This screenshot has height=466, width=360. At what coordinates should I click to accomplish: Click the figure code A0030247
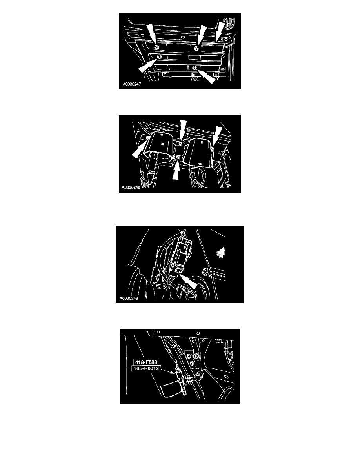[x=132, y=84]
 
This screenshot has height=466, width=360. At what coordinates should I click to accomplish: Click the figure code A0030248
[x=131, y=187]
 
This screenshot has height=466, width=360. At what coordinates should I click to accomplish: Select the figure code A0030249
[x=129, y=298]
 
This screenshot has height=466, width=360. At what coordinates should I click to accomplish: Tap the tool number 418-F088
[x=146, y=362]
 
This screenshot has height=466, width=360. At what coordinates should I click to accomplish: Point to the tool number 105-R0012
[x=146, y=368]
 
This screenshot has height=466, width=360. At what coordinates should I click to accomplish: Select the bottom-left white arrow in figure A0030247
[x=147, y=65]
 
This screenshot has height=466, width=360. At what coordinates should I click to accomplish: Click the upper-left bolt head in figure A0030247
[x=156, y=47]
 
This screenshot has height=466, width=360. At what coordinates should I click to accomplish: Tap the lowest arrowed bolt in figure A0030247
[x=194, y=68]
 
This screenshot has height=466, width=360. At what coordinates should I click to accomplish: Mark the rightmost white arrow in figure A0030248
[x=217, y=136]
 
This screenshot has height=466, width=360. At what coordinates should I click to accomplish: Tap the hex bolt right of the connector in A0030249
[x=205, y=271]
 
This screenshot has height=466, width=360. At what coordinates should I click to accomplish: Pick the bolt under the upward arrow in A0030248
[x=178, y=157]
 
